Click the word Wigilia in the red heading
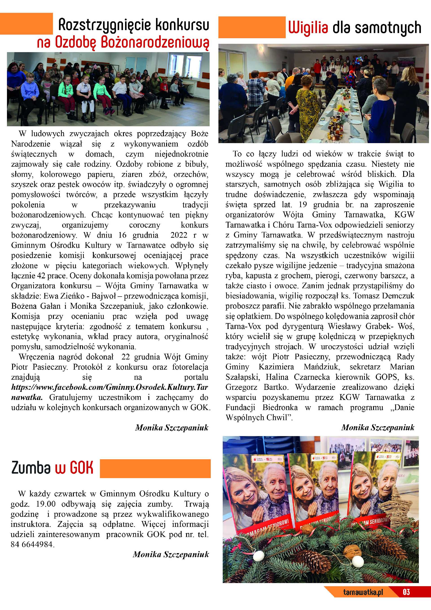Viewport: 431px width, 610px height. coord(308,28)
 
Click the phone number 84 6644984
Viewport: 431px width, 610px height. coord(32,545)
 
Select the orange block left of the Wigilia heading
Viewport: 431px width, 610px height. coord(252,27)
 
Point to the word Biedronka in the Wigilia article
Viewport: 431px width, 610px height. coord(280,408)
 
